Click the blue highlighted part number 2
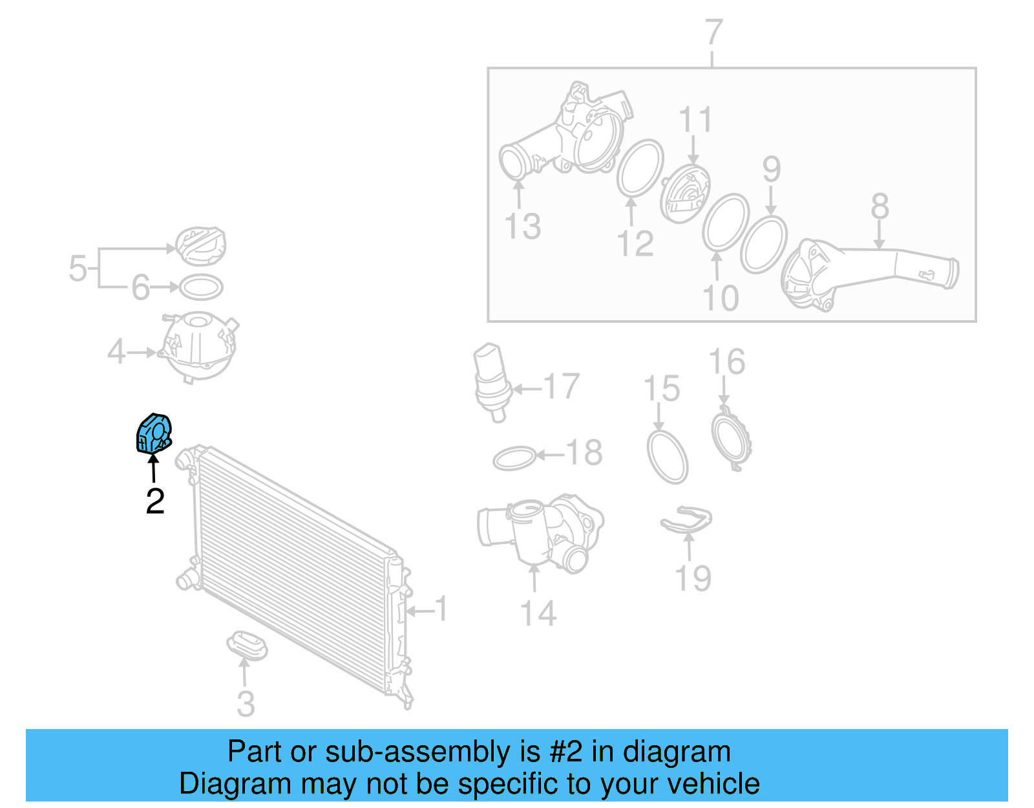(x=154, y=433)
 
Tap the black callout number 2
(x=155, y=501)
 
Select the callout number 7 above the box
(x=713, y=32)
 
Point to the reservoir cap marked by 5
(x=201, y=246)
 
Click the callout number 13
(x=522, y=226)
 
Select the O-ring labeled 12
(x=640, y=168)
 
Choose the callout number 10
(x=721, y=298)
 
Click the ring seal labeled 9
(x=763, y=245)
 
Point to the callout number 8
(x=880, y=206)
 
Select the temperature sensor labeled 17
(x=493, y=382)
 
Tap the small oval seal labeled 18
(x=514, y=459)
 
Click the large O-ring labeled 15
(x=668, y=457)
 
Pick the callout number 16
(x=726, y=362)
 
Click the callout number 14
(x=538, y=613)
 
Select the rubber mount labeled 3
(x=247, y=646)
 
